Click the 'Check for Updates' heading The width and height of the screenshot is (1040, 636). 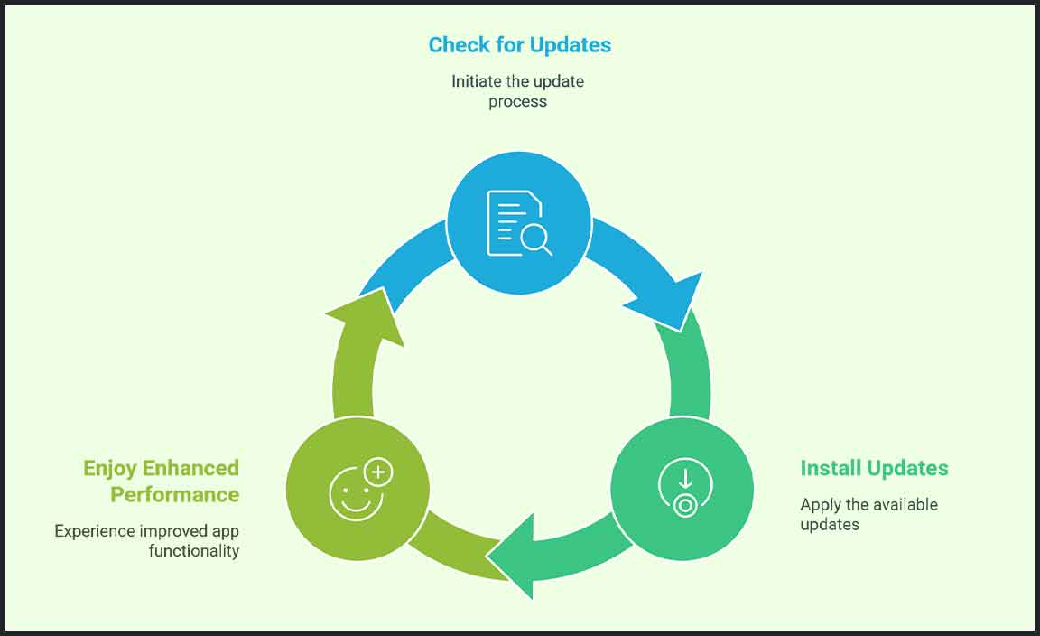[x=519, y=44]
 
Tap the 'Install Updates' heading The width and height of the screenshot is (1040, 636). [x=874, y=468]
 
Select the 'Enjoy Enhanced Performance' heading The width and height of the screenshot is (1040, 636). [x=162, y=481]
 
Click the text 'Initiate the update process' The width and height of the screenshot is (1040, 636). [x=517, y=91]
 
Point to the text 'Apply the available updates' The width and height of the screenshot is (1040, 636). [x=868, y=514]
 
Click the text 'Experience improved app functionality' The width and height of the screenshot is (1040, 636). [x=147, y=540]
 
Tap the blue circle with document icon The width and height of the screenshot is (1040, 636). [x=519, y=223]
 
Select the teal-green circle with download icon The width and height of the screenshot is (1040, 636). [x=682, y=488]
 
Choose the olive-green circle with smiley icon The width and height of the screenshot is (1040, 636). [x=357, y=488]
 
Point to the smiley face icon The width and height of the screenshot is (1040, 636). [x=351, y=496]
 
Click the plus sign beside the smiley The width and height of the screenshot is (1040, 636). [x=378, y=472]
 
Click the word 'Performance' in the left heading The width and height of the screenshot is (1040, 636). [x=175, y=494]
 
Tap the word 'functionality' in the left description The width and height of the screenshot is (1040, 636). [x=193, y=550]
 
